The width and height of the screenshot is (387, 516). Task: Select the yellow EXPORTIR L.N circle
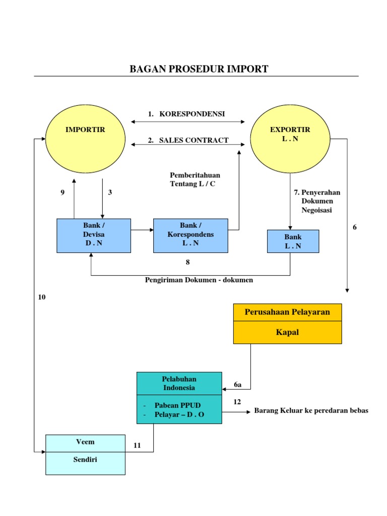click(290, 138)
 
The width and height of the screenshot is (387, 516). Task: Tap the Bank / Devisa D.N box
click(94, 235)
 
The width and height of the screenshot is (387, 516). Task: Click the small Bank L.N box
click(293, 241)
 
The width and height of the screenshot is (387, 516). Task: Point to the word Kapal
click(287, 332)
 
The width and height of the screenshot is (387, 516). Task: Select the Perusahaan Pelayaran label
click(287, 312)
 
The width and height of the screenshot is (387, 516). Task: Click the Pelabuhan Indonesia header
click(179, 383)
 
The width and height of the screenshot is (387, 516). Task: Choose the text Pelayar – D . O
click(180, 415)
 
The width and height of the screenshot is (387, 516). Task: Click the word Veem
click(85, 442)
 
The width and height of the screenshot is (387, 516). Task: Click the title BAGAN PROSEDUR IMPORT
click(199, 69)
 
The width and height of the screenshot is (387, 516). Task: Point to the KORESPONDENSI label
click(192, 114)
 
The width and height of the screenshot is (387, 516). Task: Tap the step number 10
click(42, 297)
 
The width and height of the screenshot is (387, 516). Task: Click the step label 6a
click(238, 384)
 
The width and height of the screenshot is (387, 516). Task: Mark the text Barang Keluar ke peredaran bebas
click(311, 411)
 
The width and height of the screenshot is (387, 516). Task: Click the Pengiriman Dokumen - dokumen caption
click(199, 280)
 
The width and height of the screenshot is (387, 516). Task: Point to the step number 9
click(62, 192)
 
